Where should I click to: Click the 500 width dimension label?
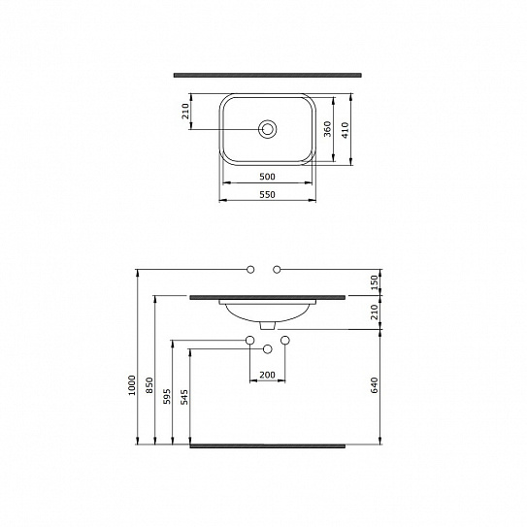point(267,177)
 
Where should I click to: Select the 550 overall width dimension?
point(267,195)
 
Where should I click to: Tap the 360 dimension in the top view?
point(327,129)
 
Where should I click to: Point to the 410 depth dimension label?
point(346,130)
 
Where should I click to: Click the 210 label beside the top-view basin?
point(185,112)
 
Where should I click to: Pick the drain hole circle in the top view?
point(267,129)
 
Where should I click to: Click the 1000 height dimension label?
point(132,385)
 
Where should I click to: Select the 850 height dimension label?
point(149,385)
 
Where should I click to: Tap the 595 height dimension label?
point(167,397)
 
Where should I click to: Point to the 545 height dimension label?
point(184,397)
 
